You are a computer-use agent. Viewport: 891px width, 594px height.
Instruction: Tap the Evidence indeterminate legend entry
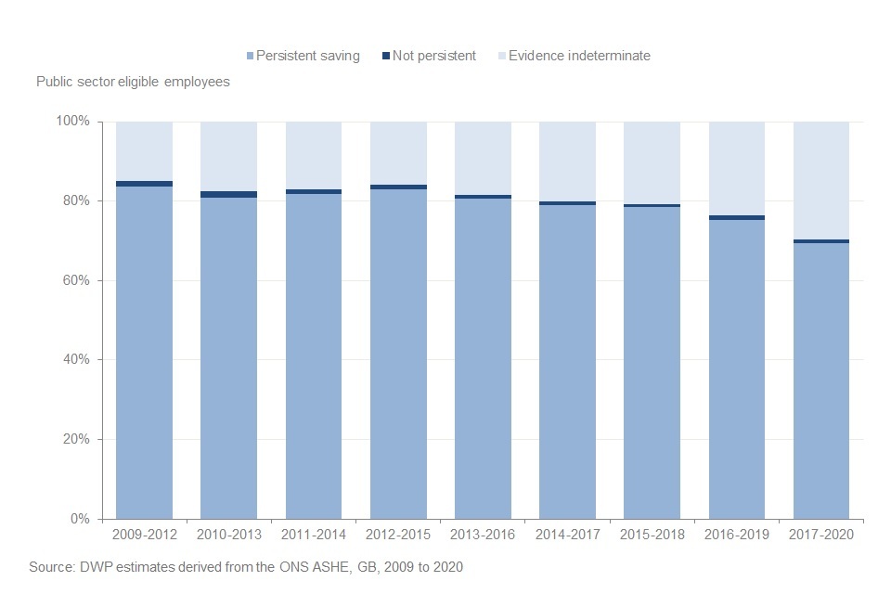[x=580, y=56]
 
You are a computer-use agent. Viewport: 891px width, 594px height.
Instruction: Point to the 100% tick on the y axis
[x=72, y=122]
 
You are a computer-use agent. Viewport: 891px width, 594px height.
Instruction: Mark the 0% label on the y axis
[x=79, y=519]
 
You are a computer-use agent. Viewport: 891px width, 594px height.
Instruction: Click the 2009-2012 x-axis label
[x=144, y=536]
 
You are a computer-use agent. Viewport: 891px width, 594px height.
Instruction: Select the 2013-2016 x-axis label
[x=483, y=536]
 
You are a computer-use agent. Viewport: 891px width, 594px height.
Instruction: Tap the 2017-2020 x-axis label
[x=821, y=536]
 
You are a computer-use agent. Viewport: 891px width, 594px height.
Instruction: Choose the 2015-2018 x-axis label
[x=652, y=536]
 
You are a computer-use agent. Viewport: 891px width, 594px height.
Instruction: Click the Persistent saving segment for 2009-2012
[x=144, y=353]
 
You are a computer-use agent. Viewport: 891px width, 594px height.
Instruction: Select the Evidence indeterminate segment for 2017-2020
[x=821, y=180]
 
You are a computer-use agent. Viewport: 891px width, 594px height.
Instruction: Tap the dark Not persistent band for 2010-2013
[x=228, y=194]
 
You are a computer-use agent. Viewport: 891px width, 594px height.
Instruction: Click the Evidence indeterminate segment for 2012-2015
[x=398, y=152]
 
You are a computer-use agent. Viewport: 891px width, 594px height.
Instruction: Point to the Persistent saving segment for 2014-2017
[x=567, y=362]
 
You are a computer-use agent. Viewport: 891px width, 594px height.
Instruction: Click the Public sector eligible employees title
[x=133, y=82]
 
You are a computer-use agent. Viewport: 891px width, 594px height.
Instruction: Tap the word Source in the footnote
[x=50, y=566]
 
